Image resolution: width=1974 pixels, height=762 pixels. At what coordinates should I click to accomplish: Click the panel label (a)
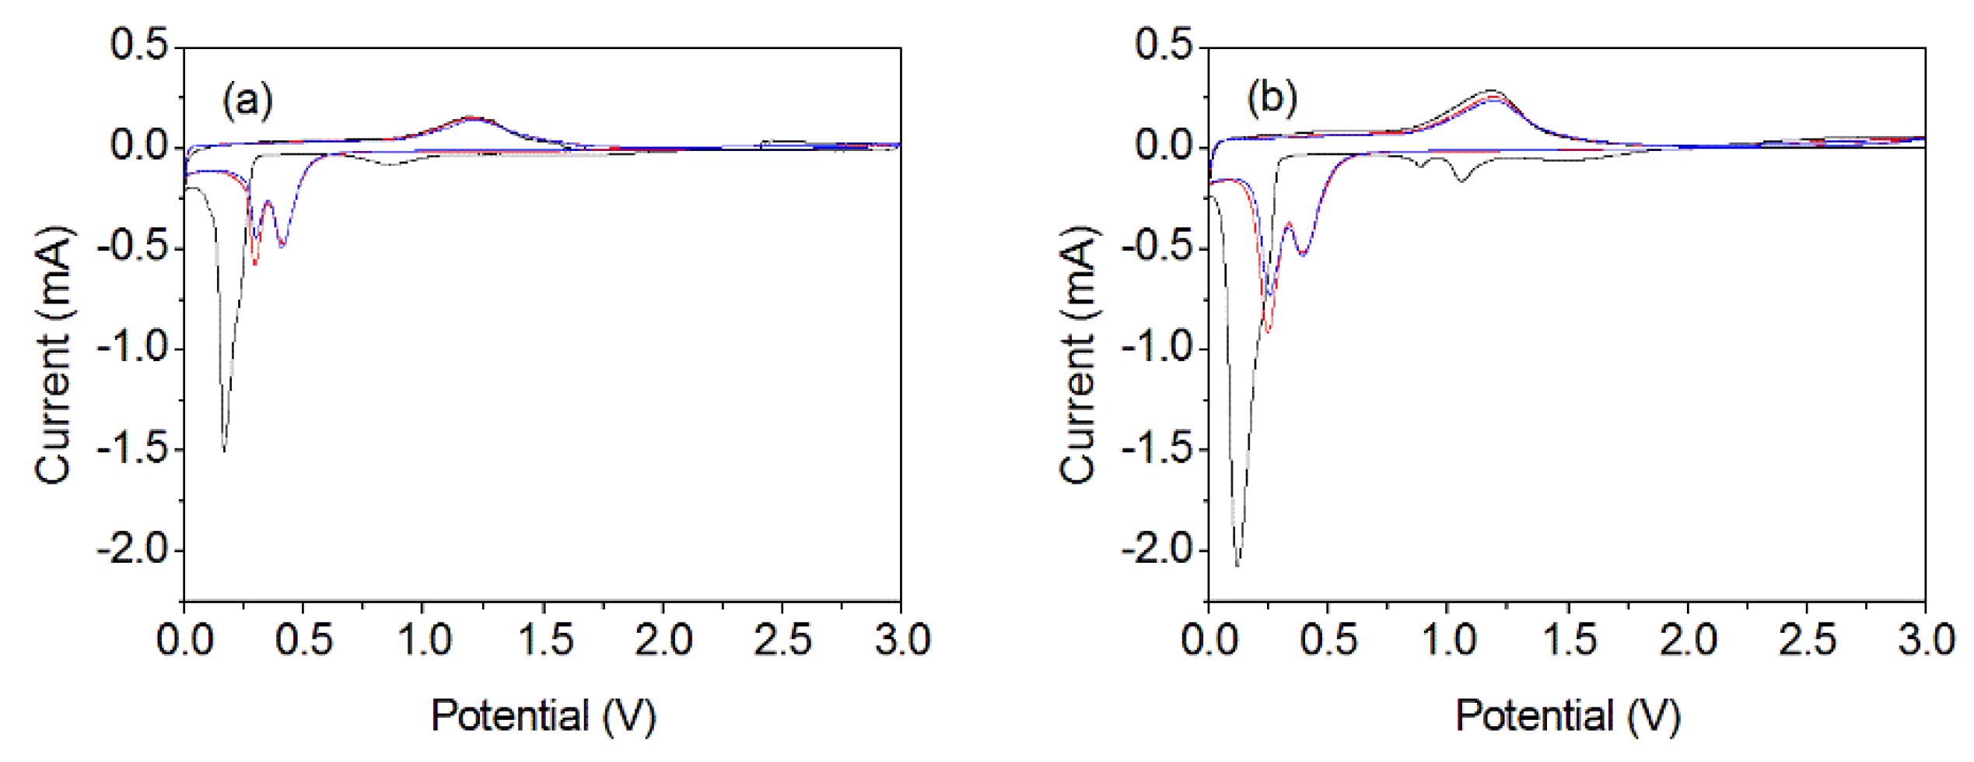[x=247, y=100]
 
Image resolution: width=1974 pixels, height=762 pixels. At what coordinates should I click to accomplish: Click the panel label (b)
[x=1272, y=99]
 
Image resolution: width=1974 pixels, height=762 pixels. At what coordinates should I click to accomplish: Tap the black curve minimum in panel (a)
[x=225, y=449]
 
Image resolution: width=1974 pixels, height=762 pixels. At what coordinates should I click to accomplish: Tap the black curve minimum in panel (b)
[x=1237, y=564]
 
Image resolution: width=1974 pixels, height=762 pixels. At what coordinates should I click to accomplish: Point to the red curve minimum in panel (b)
[x=1269, y=332]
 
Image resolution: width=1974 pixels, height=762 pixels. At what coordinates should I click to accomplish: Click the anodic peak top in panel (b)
[x=1492, y=92]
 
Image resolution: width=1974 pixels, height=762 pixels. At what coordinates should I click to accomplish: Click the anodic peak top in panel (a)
[x=471, y=118]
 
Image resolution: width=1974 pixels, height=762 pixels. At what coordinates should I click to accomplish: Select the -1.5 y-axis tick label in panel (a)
[x=132, y=449]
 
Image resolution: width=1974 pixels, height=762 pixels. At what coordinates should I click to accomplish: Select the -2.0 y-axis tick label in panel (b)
[x=1157, y=550]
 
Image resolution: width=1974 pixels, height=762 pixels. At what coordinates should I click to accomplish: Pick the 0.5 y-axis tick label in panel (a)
[x=139, y=44]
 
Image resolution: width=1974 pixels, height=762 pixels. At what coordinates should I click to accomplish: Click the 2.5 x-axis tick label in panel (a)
[x=782, y=641]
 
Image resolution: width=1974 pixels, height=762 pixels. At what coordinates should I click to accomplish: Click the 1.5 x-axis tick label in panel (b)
[x=1568, y=641]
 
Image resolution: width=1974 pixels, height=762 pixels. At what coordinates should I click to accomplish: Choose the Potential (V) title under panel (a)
[x=543, y=716]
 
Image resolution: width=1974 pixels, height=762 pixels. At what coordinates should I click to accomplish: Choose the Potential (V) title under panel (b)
[x=1567, y=716]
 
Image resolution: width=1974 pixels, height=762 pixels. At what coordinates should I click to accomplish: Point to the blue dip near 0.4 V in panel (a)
[x=282, y=246]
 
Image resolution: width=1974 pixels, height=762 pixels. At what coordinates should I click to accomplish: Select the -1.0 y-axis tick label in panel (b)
[x=1157, y=348]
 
